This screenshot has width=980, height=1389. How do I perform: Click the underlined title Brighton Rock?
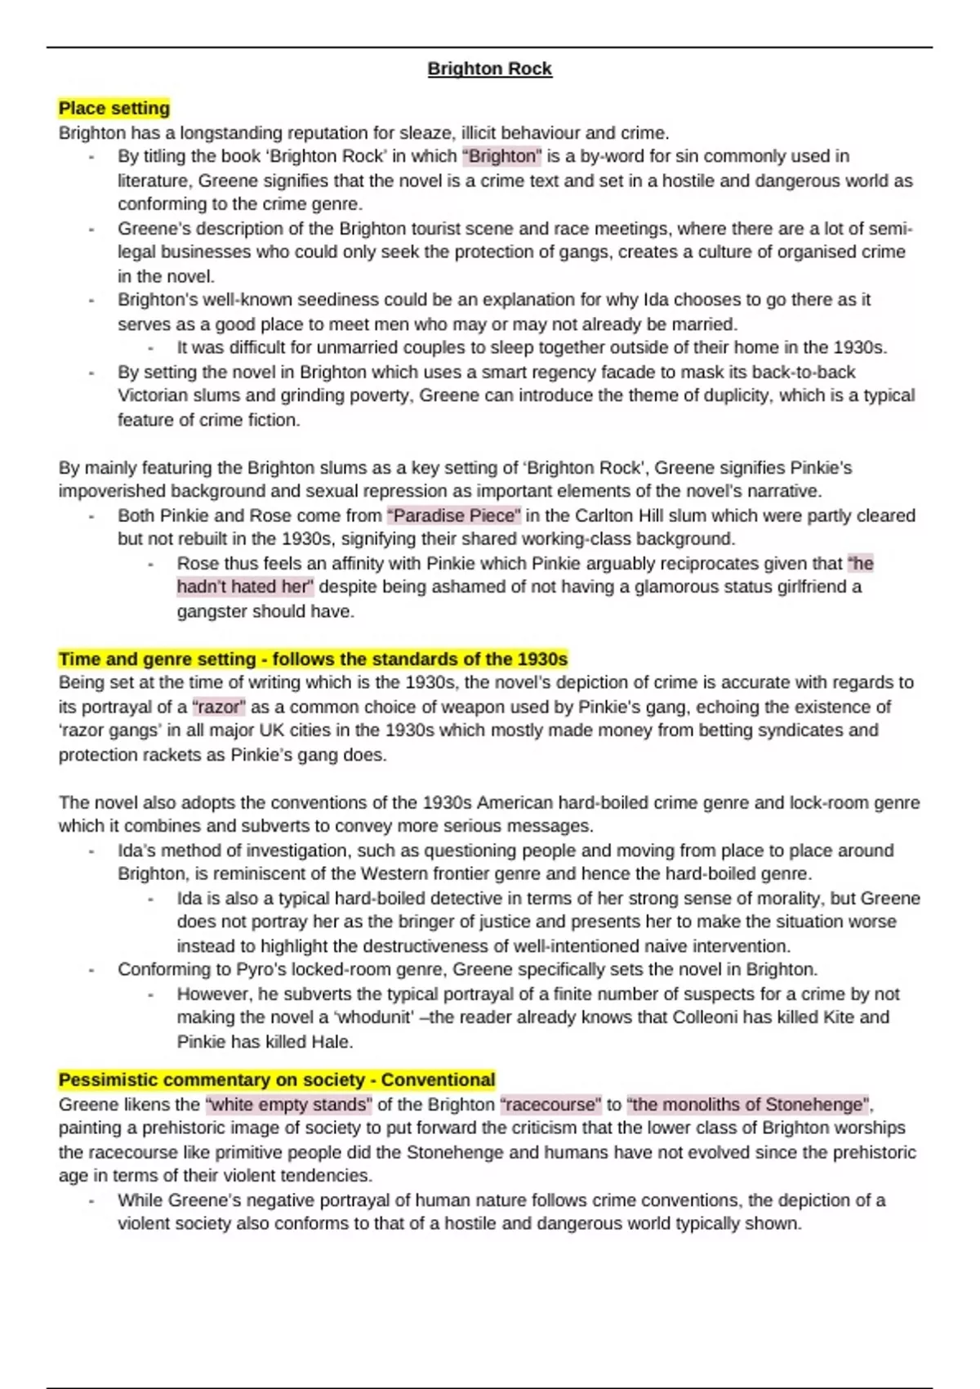490,69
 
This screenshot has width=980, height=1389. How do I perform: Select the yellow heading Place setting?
114,108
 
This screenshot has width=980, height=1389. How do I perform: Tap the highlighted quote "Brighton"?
501,156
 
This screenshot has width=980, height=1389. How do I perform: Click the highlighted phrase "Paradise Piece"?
453,516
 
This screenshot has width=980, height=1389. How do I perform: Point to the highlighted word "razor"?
219,707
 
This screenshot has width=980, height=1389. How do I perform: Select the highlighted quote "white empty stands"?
289,1105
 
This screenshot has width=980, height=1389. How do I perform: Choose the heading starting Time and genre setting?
313,659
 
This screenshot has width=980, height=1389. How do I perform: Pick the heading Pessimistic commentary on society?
277,1080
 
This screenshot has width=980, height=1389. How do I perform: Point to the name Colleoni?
706,1018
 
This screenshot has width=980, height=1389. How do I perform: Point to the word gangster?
212,611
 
